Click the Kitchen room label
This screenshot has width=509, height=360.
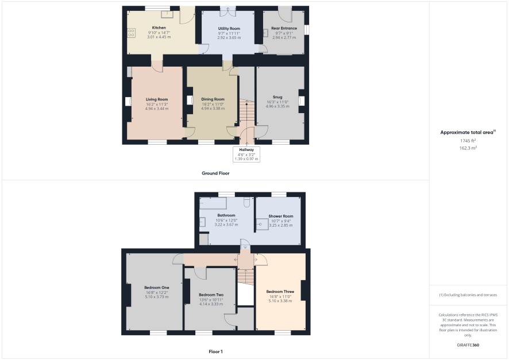[159, 28]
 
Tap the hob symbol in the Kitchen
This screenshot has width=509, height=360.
[131, 33]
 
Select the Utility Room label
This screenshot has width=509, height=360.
[229, 29]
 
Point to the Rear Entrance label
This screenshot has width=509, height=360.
[284, 28]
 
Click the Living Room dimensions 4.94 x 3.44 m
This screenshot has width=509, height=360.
[157, 109]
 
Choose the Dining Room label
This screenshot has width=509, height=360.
[213, 99]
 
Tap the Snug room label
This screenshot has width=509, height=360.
[277, 97]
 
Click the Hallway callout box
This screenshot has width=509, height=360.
[246, 154]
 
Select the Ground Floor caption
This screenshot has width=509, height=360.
[215, 173]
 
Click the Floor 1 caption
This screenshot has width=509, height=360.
[215, 351]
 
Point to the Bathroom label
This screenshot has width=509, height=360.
[226, 215]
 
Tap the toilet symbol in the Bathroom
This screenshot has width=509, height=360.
[246, 202]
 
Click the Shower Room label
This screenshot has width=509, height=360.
[281, 216]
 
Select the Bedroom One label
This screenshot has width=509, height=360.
[157, 288]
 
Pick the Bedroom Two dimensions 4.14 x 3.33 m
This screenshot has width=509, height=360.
[211, 304]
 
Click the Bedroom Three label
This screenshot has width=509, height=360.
[280, 292]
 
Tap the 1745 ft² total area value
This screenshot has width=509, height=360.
[468, 141]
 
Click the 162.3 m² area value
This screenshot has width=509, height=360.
[468, 148]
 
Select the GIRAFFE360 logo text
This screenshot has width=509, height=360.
[468, 345]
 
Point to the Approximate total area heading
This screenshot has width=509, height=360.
[468, 132]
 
